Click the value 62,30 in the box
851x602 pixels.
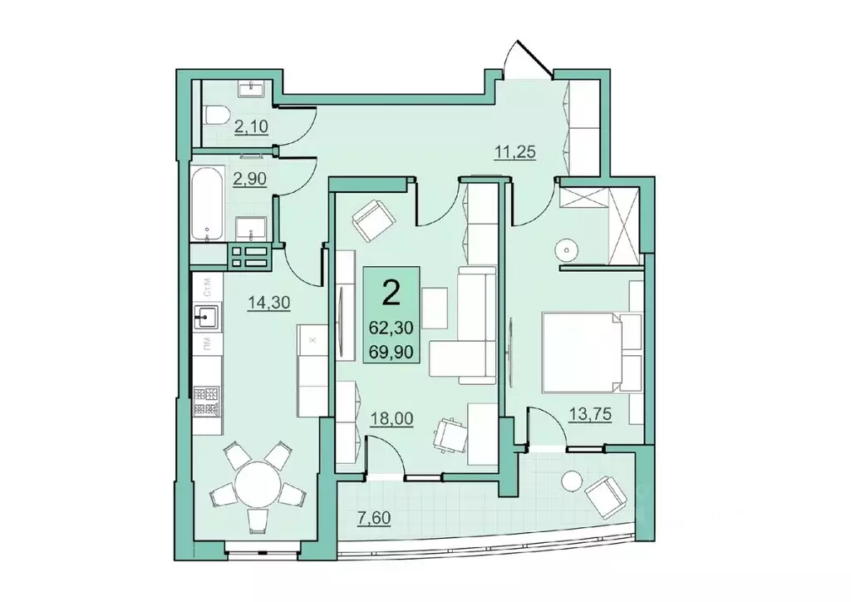coord(391,329)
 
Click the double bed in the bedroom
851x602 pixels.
coord(582,352)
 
